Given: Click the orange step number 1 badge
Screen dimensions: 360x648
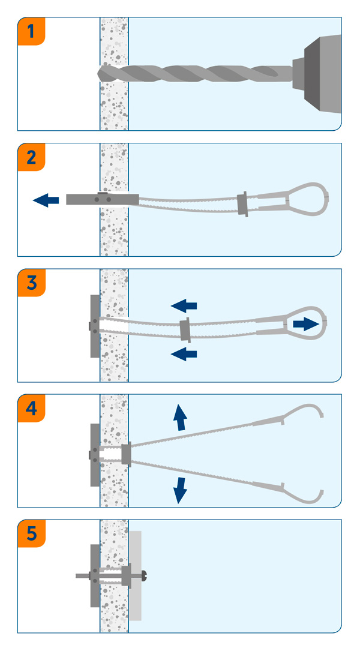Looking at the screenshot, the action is [x=32, y=32].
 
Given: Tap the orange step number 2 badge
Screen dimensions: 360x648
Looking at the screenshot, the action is [x=32, y=158].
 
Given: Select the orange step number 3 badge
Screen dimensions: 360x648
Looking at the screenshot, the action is [x=32, y=283].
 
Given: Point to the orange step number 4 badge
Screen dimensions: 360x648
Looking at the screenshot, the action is [x=32, y=409].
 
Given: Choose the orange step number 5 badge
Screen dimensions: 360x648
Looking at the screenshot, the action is [x=32, y=534].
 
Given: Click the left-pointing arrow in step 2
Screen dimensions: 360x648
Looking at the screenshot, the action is [x=46, y=200].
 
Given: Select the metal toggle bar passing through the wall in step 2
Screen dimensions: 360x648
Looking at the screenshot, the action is [x=102, y=199].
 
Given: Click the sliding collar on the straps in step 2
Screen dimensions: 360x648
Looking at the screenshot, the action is [x=242, y=204].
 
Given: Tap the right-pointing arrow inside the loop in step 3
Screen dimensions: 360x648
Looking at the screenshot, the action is [x=305, y=324].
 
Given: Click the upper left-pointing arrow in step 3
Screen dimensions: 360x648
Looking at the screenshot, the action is [x=184, y=306].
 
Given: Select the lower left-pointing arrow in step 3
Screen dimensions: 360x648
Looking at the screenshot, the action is [x=184, y=354].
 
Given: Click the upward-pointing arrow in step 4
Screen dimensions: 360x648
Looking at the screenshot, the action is [x=179, y=417].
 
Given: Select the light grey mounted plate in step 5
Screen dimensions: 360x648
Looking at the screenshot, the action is [x=136, y=576].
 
